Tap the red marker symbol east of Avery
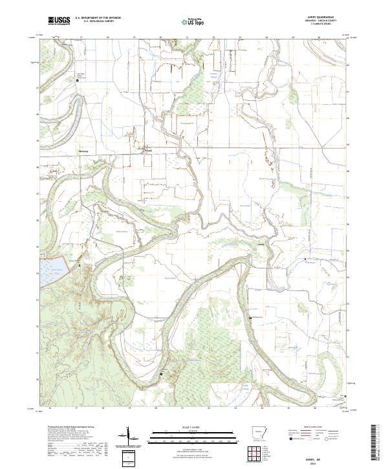(305, 260)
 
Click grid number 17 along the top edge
(81, 38)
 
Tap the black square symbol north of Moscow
(78, 80)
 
